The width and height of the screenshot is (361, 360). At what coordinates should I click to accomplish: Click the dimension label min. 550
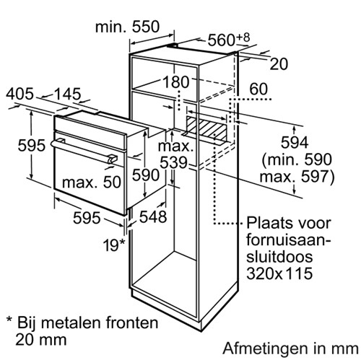127,27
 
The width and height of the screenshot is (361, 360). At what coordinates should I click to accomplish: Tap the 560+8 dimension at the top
229,40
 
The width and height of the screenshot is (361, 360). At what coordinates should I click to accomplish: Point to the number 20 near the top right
279,64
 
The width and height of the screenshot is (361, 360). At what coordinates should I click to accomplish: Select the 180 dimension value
176,82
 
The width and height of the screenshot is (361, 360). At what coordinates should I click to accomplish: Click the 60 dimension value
258,89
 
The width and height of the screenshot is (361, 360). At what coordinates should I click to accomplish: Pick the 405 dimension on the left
19,94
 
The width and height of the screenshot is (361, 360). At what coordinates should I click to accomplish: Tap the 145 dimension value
67,94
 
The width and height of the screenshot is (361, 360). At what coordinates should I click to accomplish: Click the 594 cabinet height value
295,142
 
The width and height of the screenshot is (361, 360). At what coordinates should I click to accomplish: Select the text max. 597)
297,177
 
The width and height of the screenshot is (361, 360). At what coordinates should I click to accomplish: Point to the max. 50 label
92,182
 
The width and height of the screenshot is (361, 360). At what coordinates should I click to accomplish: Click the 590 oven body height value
146,175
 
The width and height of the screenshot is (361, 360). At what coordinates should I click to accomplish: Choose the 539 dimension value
173,162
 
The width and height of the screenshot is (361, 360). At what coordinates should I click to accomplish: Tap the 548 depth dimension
153,216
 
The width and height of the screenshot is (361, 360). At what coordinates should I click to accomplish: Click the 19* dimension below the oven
114,245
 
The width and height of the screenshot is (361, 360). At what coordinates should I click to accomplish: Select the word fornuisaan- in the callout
288,240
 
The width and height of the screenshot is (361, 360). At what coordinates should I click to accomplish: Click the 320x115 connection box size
279,273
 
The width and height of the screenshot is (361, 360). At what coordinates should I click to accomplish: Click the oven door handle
84,151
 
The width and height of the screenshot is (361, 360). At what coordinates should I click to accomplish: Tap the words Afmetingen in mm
290,348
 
